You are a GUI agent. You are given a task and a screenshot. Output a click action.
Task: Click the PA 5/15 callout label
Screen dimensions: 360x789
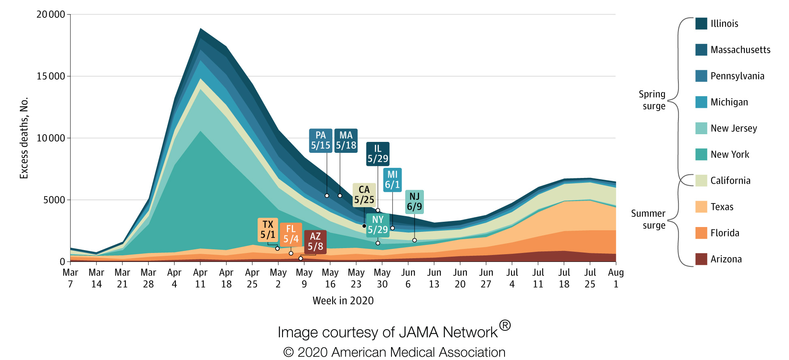(321, 141)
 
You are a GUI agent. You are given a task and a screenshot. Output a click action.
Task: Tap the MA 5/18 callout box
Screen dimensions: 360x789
(346, 141)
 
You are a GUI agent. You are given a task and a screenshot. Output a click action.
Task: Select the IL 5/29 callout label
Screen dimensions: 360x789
(378, 154)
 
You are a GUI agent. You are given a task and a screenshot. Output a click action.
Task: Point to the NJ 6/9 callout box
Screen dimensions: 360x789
(414, 202)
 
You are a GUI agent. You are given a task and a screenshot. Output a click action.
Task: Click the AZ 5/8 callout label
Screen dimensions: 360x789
(315, 242)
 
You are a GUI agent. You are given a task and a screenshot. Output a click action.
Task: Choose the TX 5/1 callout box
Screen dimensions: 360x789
(267, 230)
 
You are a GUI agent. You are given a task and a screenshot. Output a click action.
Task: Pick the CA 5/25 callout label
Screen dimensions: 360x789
(364, 195)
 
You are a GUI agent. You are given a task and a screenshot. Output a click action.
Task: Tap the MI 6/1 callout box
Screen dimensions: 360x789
(392, 180)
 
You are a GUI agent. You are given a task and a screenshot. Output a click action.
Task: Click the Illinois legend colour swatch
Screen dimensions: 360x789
(701, 24)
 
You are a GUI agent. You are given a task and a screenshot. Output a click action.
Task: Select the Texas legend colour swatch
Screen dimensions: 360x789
(701, 207)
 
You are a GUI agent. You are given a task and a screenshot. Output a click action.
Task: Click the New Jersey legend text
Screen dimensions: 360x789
(733, 129)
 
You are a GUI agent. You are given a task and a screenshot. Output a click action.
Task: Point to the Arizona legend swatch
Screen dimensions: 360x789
(701, 259)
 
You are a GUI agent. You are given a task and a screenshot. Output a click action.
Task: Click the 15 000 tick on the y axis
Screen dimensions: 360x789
(51, 76)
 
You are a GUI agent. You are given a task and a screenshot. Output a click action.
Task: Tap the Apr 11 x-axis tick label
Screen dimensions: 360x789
(200, 278)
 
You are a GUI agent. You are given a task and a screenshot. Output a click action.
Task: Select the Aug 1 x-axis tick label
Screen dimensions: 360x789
(616, 278)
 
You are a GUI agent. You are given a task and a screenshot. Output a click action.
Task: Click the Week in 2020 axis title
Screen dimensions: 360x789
(343, 301)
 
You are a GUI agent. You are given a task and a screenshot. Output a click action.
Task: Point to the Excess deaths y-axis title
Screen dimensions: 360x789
(24, 138)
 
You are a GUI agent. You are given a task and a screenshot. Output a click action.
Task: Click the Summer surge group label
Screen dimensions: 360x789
(648, 219)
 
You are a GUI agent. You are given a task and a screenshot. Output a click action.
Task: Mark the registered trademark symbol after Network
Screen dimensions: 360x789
(505, 325)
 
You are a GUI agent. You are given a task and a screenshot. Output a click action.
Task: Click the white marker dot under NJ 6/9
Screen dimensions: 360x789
(415, 240)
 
